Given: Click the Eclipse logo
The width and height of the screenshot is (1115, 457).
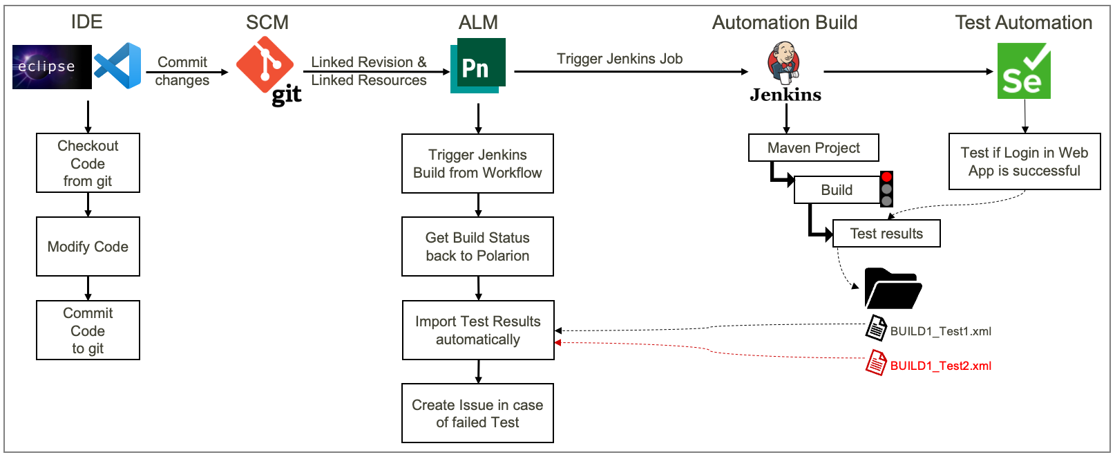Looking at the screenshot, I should (52, 67).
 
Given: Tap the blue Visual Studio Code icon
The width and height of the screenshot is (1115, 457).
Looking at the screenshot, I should (118, 66).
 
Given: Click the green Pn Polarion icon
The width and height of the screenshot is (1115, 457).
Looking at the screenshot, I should (477, 66).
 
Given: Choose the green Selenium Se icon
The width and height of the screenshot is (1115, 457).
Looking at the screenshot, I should (1024, 71).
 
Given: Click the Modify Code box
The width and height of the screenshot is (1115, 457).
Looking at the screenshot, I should (88, 247).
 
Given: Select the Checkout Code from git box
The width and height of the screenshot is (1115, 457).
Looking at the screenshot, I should (88, 163).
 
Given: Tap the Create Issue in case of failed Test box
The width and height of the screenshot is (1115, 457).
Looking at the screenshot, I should (477, 413).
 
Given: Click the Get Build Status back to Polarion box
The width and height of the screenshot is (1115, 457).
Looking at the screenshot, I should (477, 247).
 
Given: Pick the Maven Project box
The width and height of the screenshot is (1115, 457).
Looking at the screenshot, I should (813, 148).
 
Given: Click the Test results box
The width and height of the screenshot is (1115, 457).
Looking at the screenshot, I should (886, 234).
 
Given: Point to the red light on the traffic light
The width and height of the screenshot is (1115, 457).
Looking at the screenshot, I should (886, 177).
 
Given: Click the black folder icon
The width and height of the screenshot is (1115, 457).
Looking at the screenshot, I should (892, 289).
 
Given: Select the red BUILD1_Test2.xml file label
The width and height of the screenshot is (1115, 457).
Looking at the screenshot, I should (940, 366).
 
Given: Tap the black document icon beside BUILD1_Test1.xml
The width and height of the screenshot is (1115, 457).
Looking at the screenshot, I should (876, 328).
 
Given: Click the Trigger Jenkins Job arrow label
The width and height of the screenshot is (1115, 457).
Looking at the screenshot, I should (620, 59).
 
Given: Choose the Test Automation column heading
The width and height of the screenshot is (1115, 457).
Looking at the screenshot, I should (1023, 23).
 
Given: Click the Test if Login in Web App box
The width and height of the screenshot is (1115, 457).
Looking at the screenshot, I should (1024, 162).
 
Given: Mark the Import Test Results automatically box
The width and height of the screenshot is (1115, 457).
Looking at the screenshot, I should (477, 330).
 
